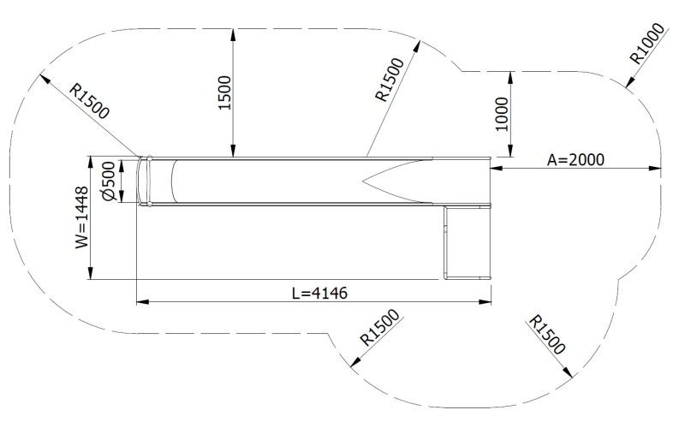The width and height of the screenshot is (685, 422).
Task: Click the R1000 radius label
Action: click(648, 44)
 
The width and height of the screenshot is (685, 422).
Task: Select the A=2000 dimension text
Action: click(575, 160)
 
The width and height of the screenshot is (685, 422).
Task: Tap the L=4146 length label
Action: click(320, 293)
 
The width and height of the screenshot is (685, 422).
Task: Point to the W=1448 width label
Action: click(81, 217)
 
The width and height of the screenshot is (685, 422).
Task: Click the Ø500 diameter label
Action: click(110, 181)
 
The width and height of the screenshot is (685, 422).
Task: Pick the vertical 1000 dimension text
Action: click(502, 114)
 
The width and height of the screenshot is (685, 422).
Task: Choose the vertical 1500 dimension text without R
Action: click(224, 92)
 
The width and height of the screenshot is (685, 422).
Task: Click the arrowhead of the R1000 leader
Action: click(629, 82)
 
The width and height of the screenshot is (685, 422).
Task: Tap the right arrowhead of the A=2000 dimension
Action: click(654, 168)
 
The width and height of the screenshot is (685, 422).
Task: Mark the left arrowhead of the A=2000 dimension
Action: click(497, 168)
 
